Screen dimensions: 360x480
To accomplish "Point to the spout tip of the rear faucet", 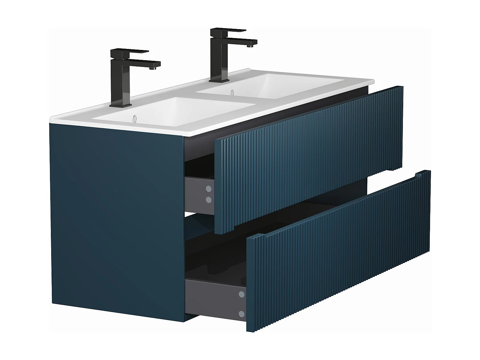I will [x=252, y=46].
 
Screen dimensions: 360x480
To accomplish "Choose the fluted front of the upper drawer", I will [x=307, y=160].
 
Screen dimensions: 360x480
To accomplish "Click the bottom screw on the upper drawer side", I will [x=209, y=200].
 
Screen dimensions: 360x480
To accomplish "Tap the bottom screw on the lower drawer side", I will [x=242, y=314].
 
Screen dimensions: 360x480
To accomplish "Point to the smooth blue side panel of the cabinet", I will [x=115, y=218].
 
